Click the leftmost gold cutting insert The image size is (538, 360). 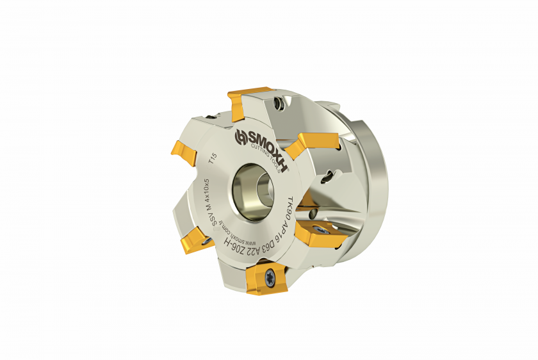pyautogui.click(x=180, y=152)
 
